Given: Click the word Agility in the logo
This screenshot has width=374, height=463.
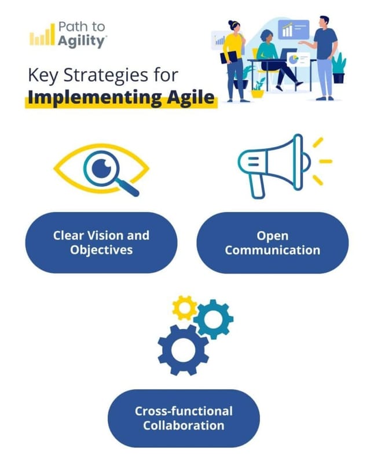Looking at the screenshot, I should tap(82, 41).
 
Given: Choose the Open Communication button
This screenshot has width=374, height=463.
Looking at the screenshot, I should tap(273, 242).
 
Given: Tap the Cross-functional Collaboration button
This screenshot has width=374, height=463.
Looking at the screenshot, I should tap(184, 418).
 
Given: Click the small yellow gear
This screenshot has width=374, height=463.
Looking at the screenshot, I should tap(185, 307).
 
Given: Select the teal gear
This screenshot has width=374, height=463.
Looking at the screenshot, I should tap(214, 318).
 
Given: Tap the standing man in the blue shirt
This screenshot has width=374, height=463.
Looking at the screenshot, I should tap(324, 55).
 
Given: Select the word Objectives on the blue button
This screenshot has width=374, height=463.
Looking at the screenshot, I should tap(101, 250).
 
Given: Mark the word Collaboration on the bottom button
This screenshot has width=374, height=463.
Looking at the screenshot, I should tap(184, 425).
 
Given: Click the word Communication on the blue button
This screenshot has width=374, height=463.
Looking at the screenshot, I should tap(273, 250).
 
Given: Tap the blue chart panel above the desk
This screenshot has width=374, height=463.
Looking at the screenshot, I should tap(294, 29).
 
